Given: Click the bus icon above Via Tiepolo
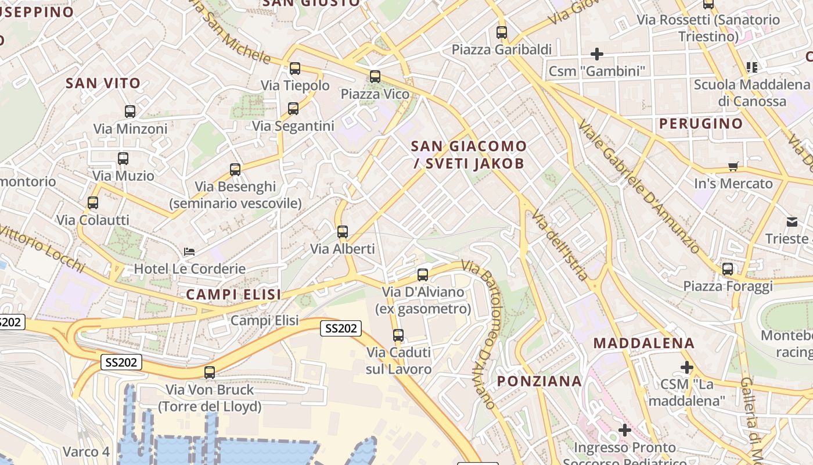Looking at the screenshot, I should coord(295,69).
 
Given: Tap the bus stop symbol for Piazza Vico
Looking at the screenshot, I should coord(375,76).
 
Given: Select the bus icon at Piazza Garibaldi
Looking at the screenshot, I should coord(502,33).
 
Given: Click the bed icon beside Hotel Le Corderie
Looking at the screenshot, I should coord(189,252).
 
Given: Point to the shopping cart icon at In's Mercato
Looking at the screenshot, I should coord(733,167).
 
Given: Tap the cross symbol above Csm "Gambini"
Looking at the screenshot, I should coord(597,54).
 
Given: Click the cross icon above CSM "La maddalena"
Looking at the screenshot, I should coord(687,367).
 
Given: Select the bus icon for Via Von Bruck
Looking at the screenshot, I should coord(210,373).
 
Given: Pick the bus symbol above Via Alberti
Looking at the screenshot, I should coord(343,232).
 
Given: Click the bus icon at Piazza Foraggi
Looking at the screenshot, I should coord(728,269).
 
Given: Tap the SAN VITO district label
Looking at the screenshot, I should coord(103,83).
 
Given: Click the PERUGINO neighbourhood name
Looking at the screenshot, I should coord(701,123).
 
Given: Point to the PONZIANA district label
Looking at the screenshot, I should coord(539,381).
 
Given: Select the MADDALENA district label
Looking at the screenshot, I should coord(644,343).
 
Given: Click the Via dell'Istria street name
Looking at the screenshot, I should coord(560,245).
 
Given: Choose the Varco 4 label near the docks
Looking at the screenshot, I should coord(86,452).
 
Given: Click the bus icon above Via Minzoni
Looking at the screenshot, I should coord(130,112).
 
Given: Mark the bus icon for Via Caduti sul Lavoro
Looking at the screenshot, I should coord(398,335).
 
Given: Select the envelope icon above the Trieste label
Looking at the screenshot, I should coord(792,221).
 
